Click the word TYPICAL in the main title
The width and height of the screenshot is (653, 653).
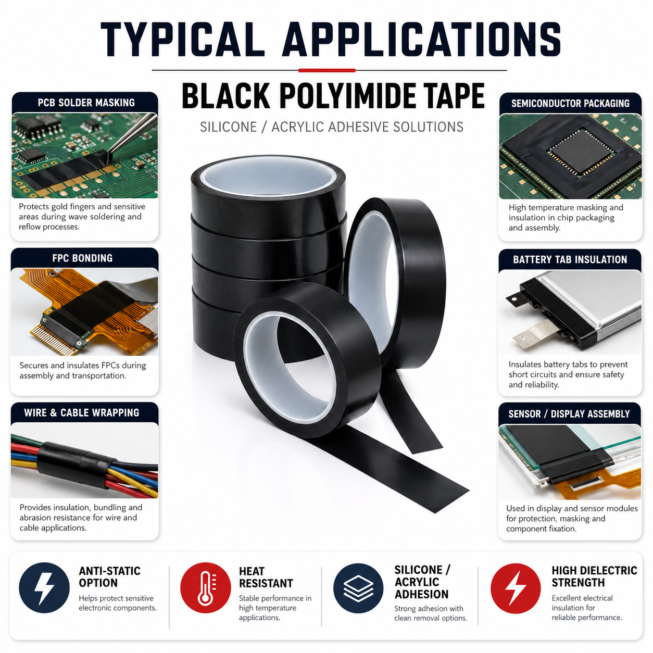183,40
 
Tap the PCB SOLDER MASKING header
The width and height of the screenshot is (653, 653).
86,103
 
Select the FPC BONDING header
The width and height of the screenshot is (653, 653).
82,258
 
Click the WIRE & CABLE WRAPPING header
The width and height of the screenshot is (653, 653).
82,413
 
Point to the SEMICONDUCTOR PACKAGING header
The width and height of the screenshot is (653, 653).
570,103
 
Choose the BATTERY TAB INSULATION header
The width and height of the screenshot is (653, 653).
570,259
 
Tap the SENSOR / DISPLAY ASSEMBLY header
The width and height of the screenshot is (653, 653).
569,414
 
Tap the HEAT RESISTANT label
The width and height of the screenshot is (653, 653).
266,577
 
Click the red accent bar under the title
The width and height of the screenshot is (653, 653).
327,70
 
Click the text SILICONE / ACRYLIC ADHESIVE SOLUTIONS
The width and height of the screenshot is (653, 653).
331,127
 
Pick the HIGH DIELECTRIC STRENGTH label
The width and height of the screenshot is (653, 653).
594,576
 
